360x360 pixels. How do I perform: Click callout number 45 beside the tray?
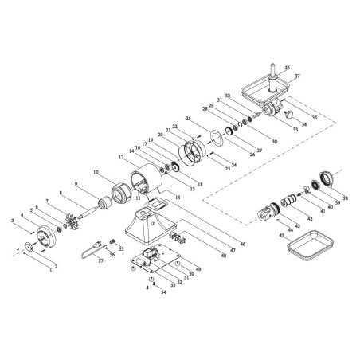pos(281,236)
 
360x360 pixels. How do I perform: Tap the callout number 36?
pos(288,68)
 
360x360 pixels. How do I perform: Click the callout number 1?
pos(51,271)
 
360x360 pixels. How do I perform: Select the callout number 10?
pos(96,171)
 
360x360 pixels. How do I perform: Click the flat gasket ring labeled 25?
pos(213,139)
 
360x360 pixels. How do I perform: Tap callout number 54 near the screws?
pos(164,293)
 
